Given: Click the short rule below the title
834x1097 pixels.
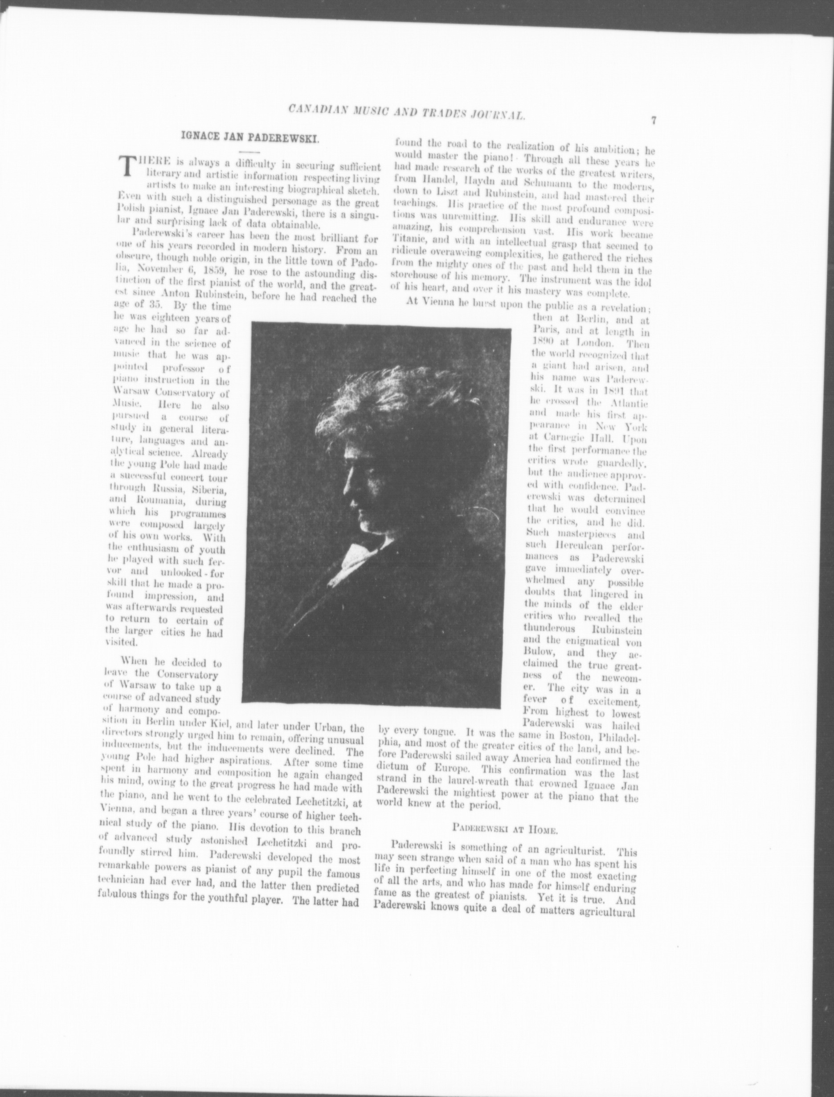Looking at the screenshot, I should coord(249,151).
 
